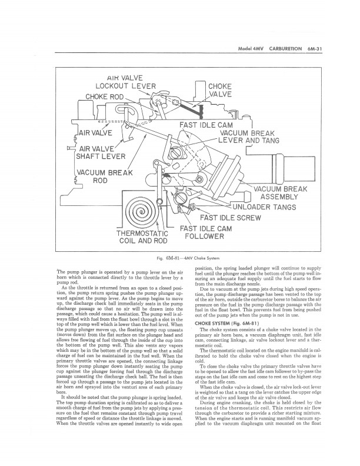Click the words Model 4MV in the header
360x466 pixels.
[246, 49]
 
